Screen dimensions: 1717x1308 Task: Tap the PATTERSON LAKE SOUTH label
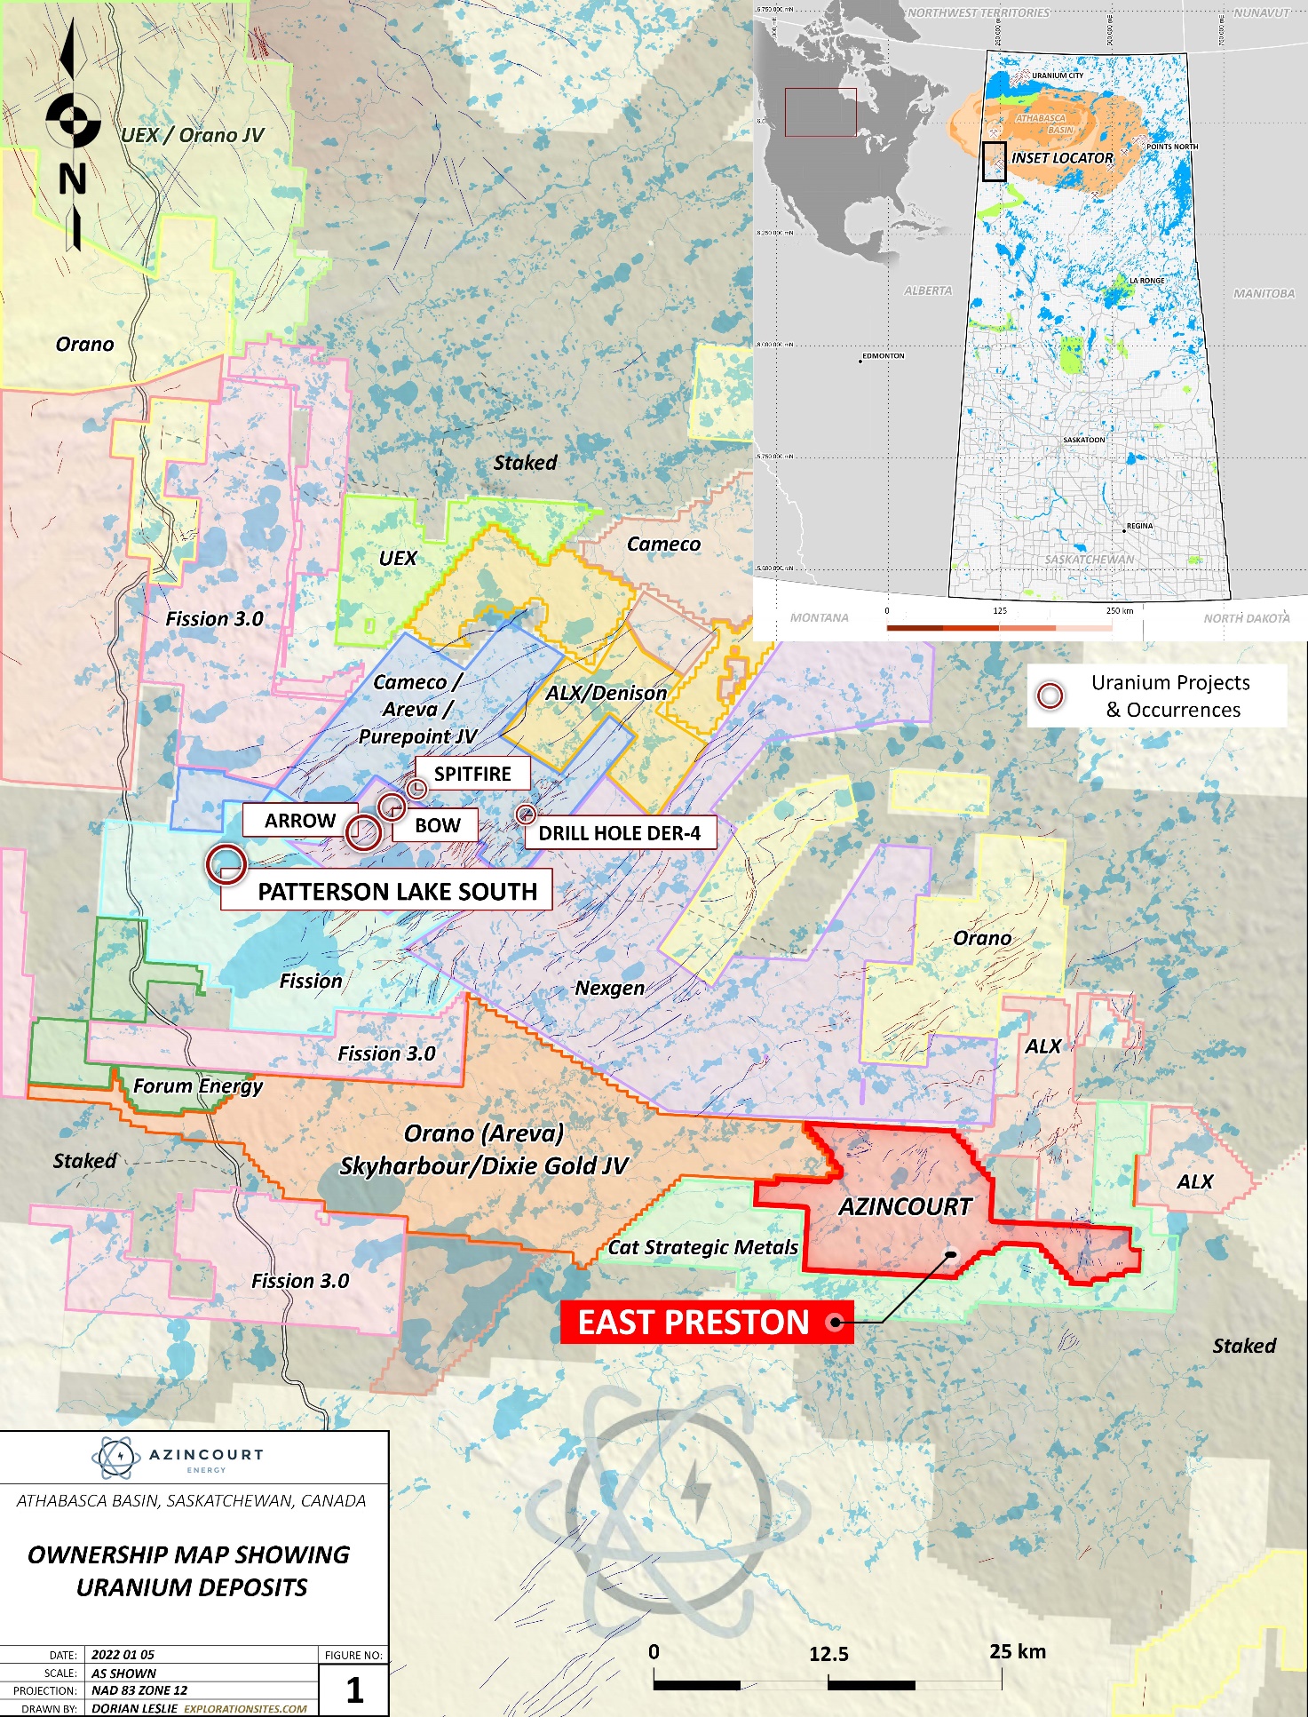coord(396,891)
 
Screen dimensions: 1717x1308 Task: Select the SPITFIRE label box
coord(472,774)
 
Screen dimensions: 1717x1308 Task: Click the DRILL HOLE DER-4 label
coord(619,833)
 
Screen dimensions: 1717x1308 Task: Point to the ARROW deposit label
coord(300,821)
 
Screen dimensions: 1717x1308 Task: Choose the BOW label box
coord(438,825)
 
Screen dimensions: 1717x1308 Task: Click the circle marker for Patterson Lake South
coord(226,863)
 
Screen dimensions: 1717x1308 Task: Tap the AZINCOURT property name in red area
coord(905,1206)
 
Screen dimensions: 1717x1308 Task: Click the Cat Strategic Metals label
coord(702,1247)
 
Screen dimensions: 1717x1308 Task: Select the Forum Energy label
coord(198,1085)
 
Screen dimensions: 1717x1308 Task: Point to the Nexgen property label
coord(609,988)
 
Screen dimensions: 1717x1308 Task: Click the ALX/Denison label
coord(606,693)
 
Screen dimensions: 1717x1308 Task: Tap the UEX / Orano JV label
coord(193,135)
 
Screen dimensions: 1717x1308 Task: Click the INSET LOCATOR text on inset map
coord(1062,158)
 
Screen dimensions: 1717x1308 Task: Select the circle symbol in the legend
coord(1050,696)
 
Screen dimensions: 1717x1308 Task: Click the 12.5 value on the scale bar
coord(828,1654)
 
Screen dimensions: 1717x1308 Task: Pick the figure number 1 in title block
coord(354,1689)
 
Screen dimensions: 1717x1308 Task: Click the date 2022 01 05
coord(123,1655)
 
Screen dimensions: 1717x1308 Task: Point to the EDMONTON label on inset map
coord(883,356)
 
